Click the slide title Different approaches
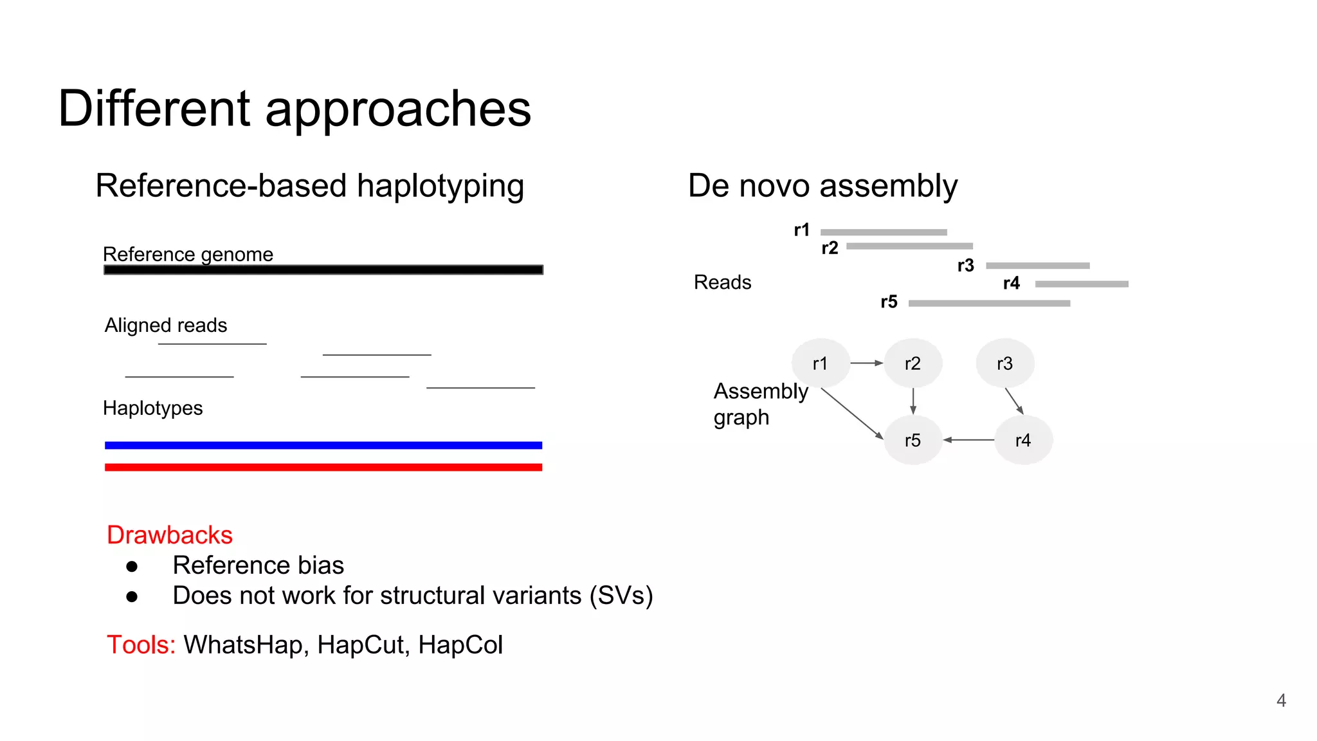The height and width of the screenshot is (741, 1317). [295, 109]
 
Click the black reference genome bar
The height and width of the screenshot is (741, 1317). [323, 270]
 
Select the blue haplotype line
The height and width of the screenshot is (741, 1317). [323, 445]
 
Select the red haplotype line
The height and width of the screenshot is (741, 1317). [323, 467]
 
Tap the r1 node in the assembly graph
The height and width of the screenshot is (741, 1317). [820, 363]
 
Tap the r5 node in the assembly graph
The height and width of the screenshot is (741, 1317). [913, 440]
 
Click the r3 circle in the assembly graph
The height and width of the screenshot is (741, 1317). [1004, 363]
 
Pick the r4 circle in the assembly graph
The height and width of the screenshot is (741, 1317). [1022, 440]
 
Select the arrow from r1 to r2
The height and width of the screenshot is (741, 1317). [866, 363]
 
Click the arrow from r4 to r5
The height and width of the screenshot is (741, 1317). [968, 440]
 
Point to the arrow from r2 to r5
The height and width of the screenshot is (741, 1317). [913, 401]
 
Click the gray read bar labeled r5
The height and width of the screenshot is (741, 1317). [989, 303]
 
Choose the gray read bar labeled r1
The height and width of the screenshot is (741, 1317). [884, 232]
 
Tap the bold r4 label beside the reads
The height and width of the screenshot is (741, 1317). [1011, 283]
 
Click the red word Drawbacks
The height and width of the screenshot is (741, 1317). [170, 535]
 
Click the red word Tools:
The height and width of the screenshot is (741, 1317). [141, 645]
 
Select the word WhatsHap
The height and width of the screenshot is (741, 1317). [242, 645]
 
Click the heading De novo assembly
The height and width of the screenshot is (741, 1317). [822, 186]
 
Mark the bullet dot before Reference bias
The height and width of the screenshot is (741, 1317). [132, 566]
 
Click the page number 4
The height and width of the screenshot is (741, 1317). [1281, 700]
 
